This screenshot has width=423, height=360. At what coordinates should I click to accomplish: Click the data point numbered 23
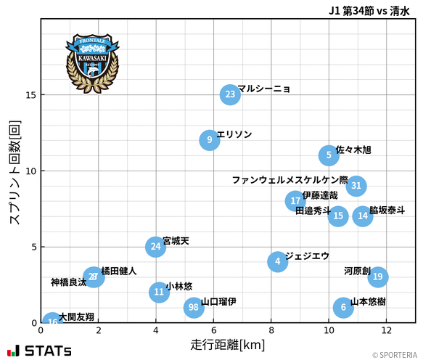click(x=230, y=94)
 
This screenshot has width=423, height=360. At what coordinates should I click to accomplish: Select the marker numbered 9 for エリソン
click(x=209, y=140)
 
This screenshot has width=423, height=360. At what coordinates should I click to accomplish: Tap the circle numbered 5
click(x=329, y=155)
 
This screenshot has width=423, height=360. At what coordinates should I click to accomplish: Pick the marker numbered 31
click(x=356, y=186)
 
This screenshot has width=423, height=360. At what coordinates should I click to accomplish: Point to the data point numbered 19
click(x=377, y=277)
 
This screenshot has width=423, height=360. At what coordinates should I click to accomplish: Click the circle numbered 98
click(x=193, y=308)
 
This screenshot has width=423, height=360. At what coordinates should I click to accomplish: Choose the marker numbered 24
click(x=155, y=247)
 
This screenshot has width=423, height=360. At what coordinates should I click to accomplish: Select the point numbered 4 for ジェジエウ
click(x=277, y=262)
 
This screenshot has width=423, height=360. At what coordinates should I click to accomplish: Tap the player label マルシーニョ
click(x=264, y=89)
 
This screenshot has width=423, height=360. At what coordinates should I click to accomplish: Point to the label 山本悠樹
click(x=368, y=301)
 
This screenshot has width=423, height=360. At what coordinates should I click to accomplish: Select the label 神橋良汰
click(x=68, y=282)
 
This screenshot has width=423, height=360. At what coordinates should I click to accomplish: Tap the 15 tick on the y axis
click(x=31, y=95)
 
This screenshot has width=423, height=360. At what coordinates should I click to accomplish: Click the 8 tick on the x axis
click(x=271, y=330)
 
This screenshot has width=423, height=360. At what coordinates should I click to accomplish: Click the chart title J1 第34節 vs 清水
click(x=368, y=10)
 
